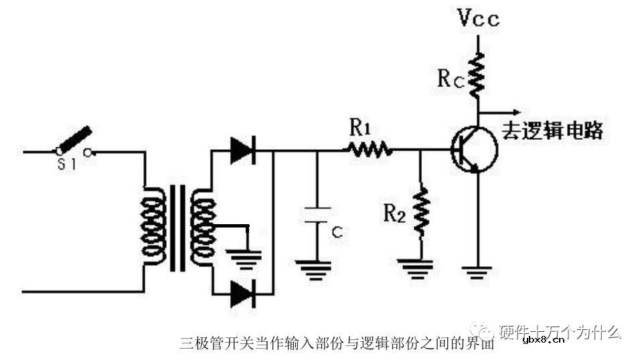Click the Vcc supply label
coord(479,19)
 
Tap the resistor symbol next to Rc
coord(478,76)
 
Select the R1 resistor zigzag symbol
coord(370,150)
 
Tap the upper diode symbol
coord(242,150)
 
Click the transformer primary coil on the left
coord(153,228)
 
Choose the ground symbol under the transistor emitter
coord(478,271)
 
